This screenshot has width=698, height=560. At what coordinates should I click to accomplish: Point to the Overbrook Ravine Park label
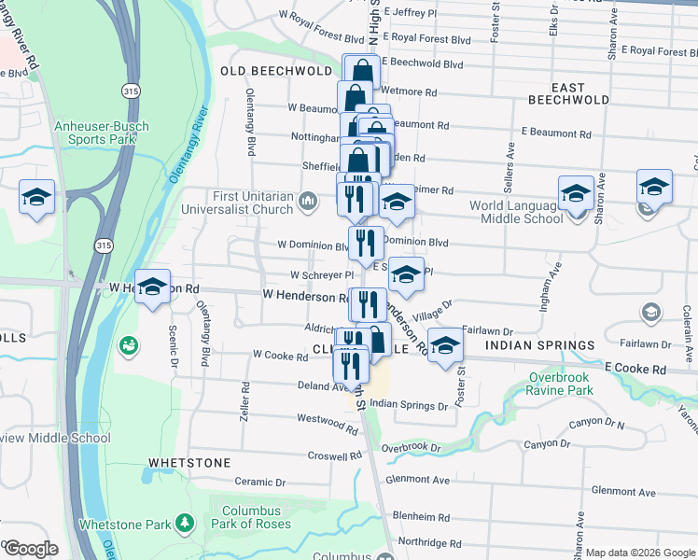560,384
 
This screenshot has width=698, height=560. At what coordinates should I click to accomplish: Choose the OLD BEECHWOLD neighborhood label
276,71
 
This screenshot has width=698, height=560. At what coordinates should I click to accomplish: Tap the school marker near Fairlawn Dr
445,344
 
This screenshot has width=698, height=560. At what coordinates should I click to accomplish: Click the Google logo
30,549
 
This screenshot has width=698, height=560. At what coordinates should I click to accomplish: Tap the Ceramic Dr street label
259,483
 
